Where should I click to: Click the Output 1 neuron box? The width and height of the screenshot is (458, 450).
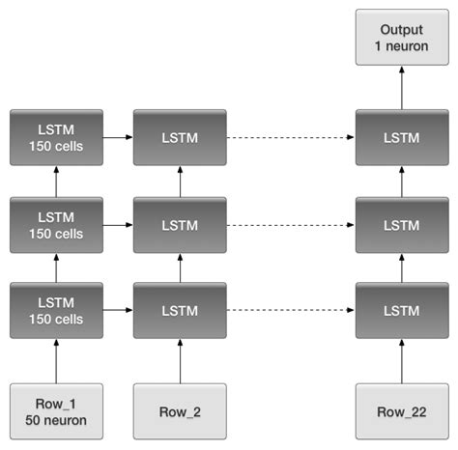402,38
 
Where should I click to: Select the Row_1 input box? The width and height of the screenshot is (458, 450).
56,412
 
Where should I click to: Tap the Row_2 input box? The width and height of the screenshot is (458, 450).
180,412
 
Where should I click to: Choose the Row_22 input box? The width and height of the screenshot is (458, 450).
402,412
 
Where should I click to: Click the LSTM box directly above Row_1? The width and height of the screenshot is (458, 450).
56,311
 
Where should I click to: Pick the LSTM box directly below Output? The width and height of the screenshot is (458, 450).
402,137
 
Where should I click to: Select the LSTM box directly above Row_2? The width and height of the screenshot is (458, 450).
180,311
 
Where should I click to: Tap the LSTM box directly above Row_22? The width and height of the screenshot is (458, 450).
402,311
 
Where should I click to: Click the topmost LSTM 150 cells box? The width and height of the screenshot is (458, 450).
56,137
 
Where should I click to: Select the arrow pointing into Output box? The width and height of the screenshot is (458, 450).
402,87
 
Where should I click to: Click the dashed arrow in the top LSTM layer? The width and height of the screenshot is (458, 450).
291,137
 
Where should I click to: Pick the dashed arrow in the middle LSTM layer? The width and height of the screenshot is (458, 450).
291,224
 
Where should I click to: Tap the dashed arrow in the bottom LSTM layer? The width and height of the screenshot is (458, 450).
291,311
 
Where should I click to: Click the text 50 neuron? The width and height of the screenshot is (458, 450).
56,421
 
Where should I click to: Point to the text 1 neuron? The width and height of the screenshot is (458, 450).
402,46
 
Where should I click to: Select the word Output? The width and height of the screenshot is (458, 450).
402,29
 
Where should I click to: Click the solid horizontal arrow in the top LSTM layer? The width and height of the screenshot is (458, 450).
118,137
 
